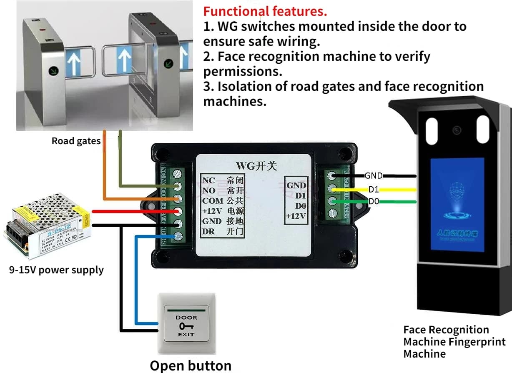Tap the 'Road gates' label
pos(76,141)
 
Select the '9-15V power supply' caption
pos(56,270)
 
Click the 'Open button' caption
pos(191,365)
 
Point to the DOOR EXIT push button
pos(186,324)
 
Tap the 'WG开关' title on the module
pos(256,165)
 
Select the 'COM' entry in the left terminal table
pos(213,201)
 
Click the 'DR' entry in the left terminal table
pos(208,231)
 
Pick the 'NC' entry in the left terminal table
pos(208,181)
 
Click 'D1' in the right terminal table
pos(301,195)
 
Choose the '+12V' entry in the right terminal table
pos(296,216)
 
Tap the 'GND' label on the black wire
pos(374,176)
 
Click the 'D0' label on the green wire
pos(374,202)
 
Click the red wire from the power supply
pos(125,211)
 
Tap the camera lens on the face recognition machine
pos(457,130)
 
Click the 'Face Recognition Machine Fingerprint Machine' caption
pos(454,342)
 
